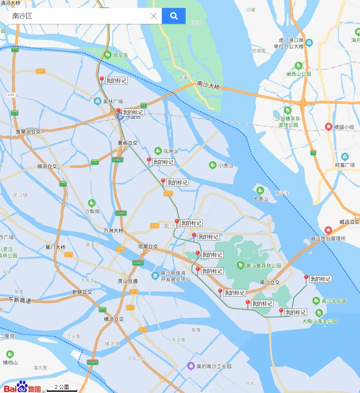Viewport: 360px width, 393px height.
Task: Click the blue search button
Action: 174,16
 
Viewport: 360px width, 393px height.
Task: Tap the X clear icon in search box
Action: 154,16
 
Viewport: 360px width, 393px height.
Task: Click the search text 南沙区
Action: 23,16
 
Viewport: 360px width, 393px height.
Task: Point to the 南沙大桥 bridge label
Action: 208,86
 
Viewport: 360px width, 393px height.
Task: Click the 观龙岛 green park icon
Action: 108,55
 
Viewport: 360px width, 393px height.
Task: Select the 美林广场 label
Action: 113,101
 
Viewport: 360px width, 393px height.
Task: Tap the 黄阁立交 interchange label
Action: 127,143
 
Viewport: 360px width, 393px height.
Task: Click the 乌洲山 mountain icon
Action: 158,151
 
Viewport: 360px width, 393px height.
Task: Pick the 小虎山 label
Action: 225,165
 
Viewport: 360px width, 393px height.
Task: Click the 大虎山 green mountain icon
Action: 260,191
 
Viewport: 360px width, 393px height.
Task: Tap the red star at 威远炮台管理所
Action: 328,230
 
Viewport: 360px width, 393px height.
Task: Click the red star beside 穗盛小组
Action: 329,127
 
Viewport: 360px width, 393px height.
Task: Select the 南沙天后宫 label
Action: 334,301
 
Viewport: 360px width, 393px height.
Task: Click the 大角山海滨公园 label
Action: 320,321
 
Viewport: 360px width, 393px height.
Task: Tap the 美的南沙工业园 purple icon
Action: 191,366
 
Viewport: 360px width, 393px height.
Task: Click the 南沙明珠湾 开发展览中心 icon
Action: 155,276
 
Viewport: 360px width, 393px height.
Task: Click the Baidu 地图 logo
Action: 22,388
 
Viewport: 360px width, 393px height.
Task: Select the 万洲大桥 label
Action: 113,231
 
